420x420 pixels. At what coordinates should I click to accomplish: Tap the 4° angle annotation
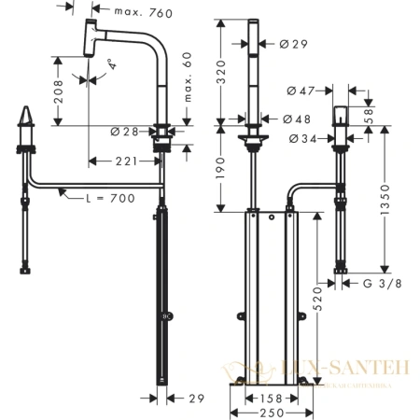[110, 65]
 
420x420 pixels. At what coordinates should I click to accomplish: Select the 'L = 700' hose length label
[108, 198]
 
